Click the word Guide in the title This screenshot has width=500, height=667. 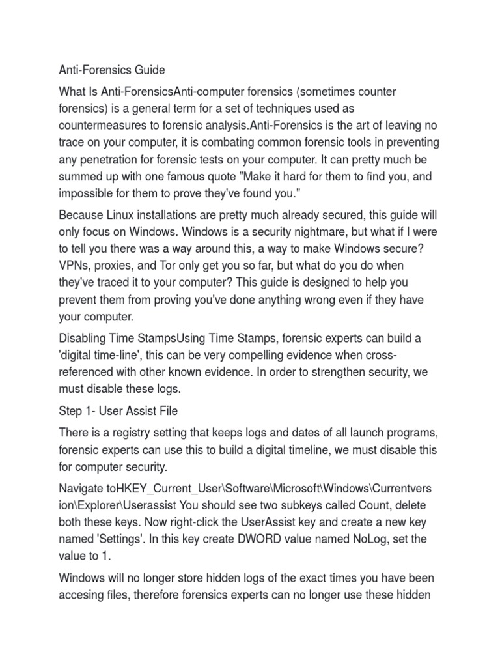click(148, 70)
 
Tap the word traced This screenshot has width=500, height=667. click(116, 282)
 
